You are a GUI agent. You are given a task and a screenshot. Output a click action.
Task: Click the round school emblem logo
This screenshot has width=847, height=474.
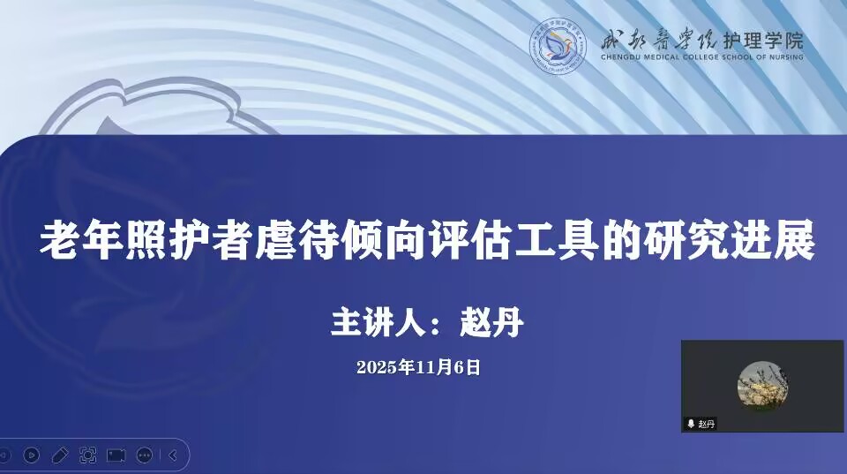point(558,46)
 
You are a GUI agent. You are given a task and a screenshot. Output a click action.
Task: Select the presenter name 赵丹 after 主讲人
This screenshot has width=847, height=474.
point(492,323)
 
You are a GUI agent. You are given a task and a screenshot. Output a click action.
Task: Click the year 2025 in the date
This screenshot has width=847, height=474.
point(378,367)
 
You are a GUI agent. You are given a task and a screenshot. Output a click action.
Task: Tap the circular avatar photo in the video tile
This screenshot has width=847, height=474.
point(762,386)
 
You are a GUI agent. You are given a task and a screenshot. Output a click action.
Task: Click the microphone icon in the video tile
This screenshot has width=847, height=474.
point(690,424)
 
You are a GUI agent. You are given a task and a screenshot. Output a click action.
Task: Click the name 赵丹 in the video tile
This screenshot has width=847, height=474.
point(707,424)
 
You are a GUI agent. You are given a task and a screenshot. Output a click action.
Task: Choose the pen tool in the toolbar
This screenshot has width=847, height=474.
point(59,455)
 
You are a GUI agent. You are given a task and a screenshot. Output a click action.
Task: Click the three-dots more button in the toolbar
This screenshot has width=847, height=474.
point(144,455)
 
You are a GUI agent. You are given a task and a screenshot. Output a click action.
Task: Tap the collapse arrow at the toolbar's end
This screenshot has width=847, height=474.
point(173,455)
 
